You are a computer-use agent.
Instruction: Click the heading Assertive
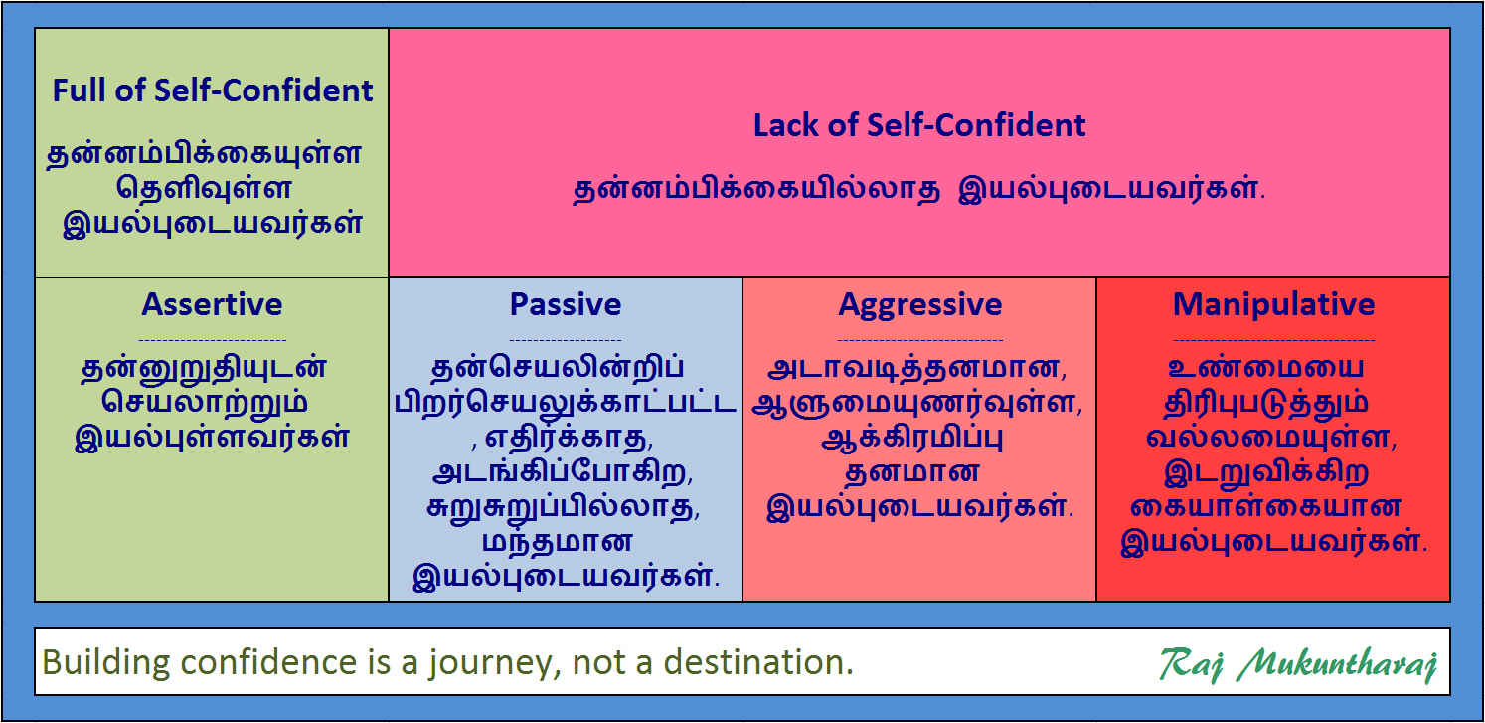(x=212, y=304)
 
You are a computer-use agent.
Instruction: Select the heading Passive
(x=566, y=304)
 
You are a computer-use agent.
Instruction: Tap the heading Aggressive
(x=919, y=304)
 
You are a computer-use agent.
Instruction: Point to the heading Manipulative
(x=1273, y=304)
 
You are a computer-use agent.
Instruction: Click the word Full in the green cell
(x=79, y=91)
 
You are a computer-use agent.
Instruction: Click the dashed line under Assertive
(x=212, y=339)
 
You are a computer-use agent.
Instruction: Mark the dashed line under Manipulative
(x=1273, y=339)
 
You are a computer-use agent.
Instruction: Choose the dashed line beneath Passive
(x=566, y=339)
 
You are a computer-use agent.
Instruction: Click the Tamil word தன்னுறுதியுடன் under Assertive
(x=205, y=368)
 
